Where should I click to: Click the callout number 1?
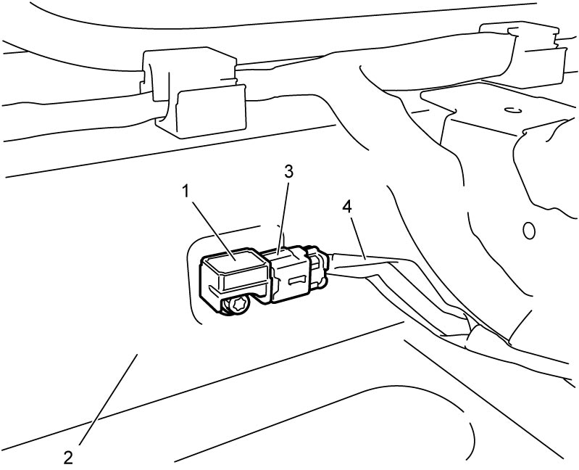pos(186,192)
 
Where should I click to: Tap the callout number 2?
pos(68,458)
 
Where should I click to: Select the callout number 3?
pos(288,171)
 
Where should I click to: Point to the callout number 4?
pos(347,207)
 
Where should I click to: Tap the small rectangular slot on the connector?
pos(298,281)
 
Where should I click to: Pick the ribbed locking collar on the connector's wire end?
pos(317,268)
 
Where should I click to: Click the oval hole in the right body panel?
pos(529,231)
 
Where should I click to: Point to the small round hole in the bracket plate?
pos(512,110)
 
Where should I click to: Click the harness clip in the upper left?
pos(193,92)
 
